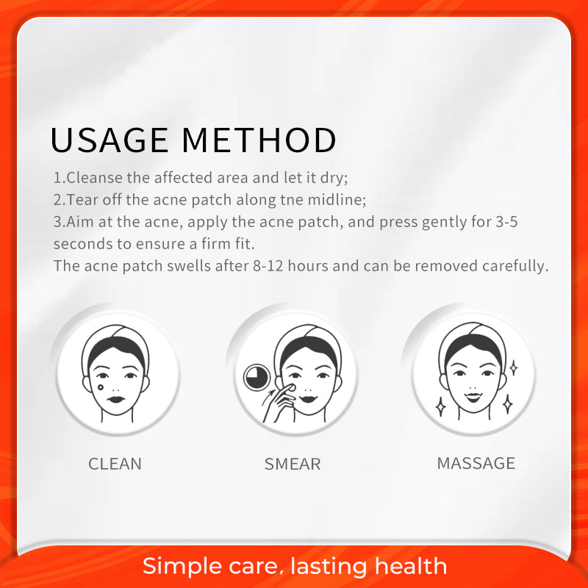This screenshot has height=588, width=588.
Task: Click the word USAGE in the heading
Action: coord(110,140)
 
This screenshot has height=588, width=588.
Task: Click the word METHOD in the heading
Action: coord(259,140)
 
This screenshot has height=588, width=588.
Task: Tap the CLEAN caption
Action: coord(115,464)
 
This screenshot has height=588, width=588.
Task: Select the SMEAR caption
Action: coord(293,464)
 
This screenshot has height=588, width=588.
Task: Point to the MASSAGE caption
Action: coord(476,463)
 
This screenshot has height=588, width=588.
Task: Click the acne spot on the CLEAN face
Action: coord(101,387)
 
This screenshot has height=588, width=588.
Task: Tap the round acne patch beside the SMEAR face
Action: coord(257,377)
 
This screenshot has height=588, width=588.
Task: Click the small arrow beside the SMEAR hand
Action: coord(268,398)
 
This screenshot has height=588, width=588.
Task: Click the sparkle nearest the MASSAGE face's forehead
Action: coord(513,367)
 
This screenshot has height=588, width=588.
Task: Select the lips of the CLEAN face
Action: coord(116,399)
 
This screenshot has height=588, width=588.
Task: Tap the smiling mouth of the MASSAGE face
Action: coord(473,397)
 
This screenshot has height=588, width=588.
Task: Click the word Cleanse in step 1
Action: coord(94,178)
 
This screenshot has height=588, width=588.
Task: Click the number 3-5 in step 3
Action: coord(506,222)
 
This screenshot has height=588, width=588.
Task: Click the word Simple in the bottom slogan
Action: coord(183,566)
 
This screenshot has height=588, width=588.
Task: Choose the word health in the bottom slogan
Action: coord(411,565)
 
